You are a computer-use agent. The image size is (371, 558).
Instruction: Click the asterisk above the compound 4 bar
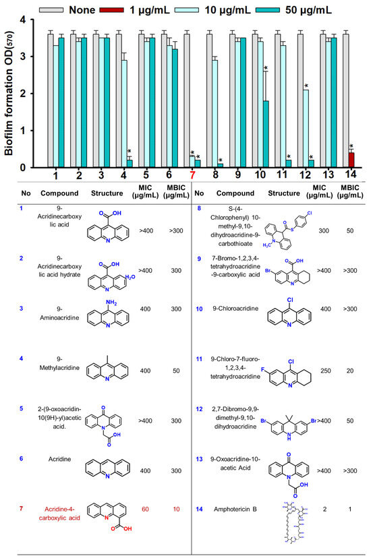pos(129,151)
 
